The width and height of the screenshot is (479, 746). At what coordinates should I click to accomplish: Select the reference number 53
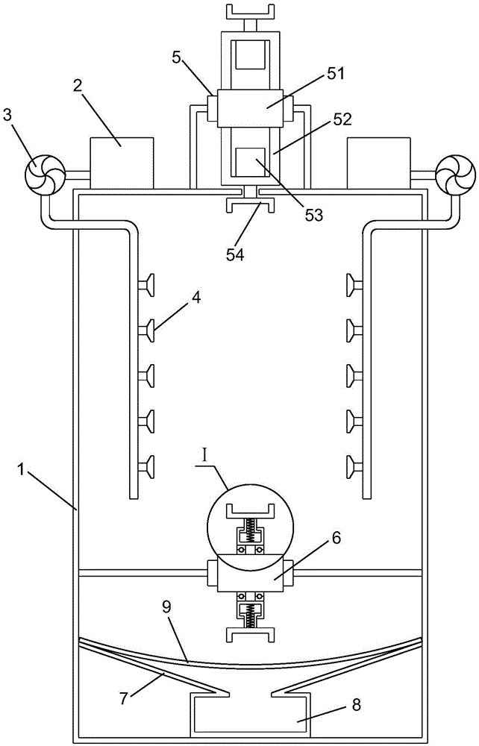coord(313,215)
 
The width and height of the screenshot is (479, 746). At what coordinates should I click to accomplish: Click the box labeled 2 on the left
coord(122,163)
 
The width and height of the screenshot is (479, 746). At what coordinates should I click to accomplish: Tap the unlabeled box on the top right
coord(378,163)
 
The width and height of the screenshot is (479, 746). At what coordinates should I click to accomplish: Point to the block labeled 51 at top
coord(251,108)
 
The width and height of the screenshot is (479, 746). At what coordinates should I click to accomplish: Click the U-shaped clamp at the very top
coord(251,11)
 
